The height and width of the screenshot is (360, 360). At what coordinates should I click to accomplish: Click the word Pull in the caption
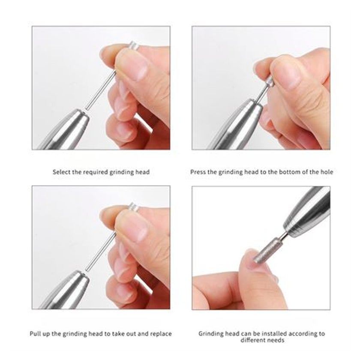[x=35, y=333]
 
